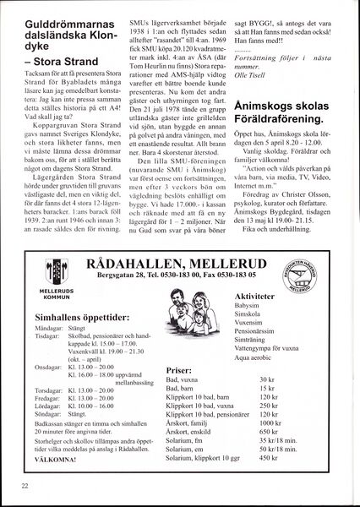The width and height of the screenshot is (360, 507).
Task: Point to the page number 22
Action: [25, 486]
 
